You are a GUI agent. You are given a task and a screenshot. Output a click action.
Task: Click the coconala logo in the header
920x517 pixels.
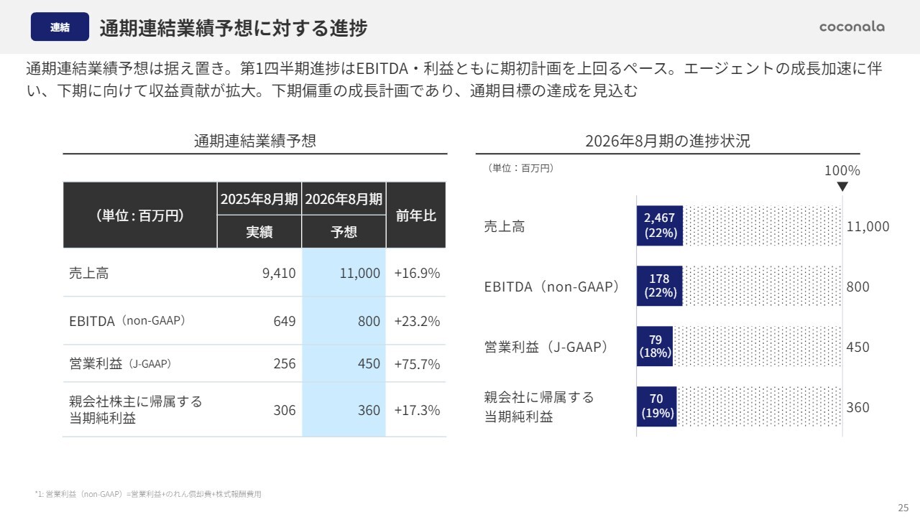click(852, 27)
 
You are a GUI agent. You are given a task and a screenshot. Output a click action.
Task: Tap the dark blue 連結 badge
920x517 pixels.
click(60, 27)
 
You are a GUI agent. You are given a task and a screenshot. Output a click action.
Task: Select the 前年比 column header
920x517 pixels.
click(415, 215)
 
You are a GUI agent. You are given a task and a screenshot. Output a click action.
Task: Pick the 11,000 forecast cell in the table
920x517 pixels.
click(359, 273)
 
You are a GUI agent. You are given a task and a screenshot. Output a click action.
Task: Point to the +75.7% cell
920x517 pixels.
click(417, 363)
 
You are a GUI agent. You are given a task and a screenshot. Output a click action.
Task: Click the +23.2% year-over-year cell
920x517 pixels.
click(417, 321)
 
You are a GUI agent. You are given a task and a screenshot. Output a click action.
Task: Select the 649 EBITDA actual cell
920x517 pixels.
click(284, 321)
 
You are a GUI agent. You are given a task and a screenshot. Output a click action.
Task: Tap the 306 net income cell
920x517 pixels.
click(284, 410)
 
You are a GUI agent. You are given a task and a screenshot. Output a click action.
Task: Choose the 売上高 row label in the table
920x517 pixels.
click(89, 273)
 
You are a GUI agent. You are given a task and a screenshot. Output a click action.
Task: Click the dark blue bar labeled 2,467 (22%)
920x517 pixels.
click(660, 226)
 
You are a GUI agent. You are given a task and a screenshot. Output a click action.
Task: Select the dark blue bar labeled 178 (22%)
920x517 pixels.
click(659, 286)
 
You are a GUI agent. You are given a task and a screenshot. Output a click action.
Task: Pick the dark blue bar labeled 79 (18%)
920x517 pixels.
click(655, 346)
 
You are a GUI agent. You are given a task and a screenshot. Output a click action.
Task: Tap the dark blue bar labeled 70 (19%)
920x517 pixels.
click(657, 406)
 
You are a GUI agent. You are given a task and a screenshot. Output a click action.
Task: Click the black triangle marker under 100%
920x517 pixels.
click(842, 187)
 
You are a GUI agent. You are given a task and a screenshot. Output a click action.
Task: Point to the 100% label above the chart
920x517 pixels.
click(842, 171)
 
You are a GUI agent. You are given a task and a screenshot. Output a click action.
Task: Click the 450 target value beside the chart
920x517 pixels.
click(857, 347)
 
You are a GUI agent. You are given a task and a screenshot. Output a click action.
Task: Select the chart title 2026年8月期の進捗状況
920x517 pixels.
click(667, 141)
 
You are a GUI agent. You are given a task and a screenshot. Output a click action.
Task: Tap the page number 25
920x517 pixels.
click(903, 507)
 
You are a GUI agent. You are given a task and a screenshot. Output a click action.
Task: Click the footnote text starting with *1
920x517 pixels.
click(148, 494)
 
